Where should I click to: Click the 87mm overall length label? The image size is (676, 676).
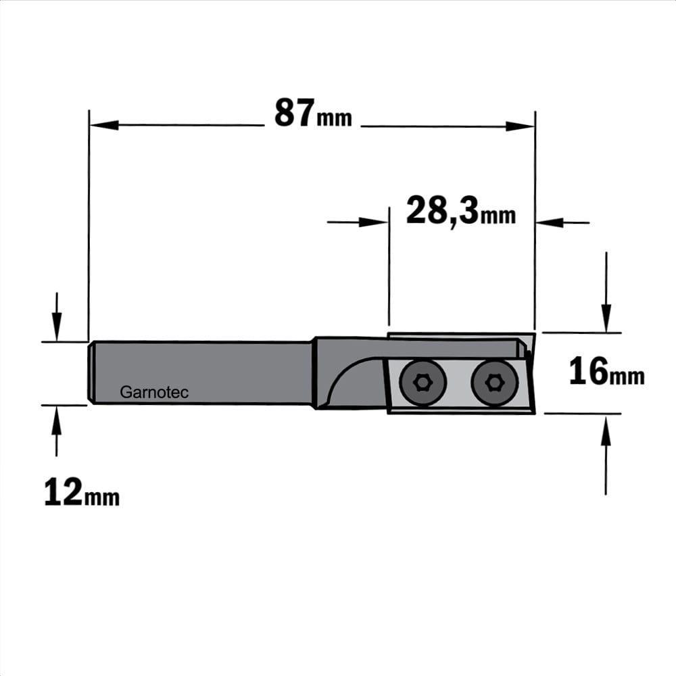pos(313,113)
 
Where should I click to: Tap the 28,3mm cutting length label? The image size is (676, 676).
pos(461,211)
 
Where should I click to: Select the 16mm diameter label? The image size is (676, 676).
pos(606,372)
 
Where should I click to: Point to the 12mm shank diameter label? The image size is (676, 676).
pos(82,492)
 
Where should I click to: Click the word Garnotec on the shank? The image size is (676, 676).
pos(154,392)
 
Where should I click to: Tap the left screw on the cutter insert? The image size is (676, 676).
pos(422,383)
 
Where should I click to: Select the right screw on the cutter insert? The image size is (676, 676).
pos(494,383)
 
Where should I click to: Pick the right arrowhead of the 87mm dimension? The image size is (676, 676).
pos(520,126)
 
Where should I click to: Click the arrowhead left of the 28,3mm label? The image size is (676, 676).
pos(373,222)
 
